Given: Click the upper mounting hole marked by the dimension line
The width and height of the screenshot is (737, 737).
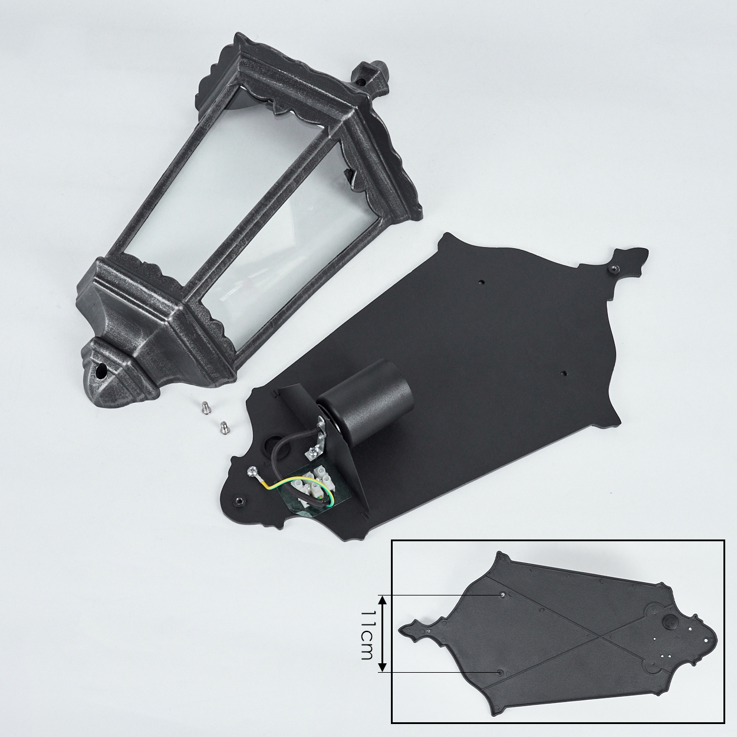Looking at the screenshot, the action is pyautogui.click(x=504, y=606).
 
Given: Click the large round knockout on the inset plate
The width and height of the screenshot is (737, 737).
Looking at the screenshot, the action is pyautogui.click(x=671, y=621).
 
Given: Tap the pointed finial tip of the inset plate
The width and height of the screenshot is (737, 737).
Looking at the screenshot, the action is pyautogui.click(x=400, y=628).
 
